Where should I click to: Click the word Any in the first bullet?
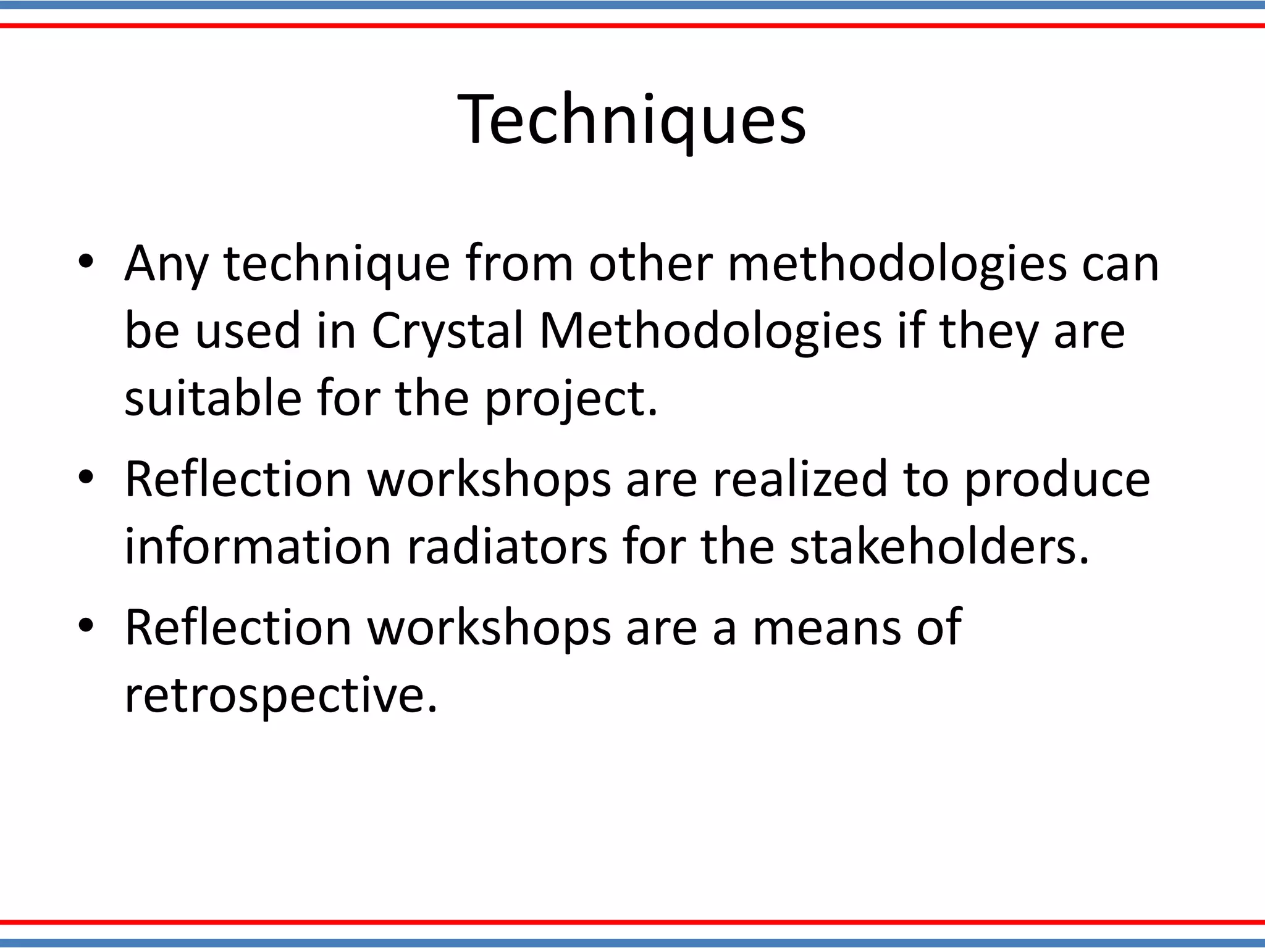coord(166,264)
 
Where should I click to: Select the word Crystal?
coord(447,331)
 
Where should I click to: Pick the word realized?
coord(800,478)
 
